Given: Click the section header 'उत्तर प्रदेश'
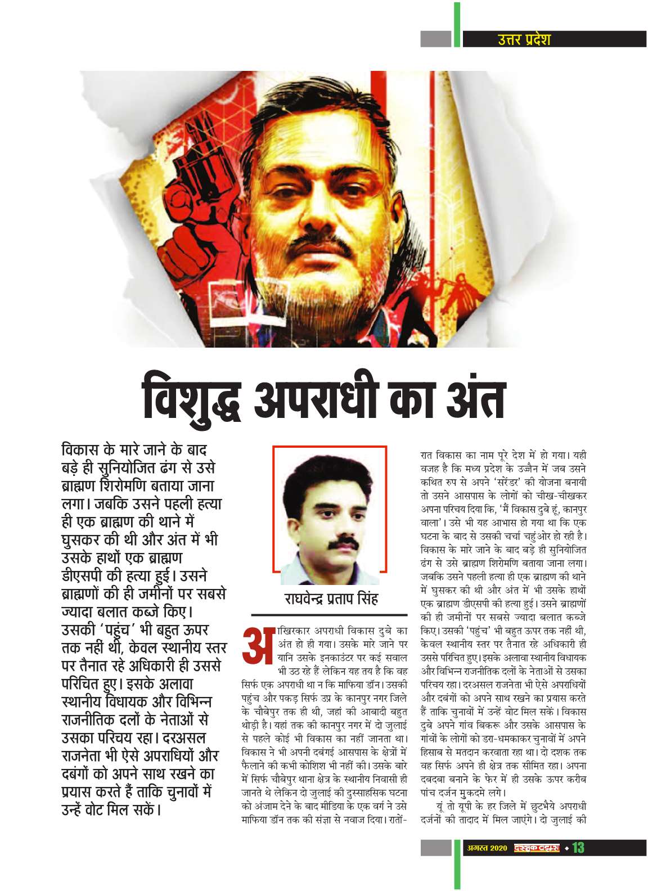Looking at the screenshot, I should point(524,39).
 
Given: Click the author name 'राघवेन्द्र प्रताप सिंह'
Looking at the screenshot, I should point(331,598).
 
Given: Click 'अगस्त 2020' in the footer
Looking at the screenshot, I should point(487,848).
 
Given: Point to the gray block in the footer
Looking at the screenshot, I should point(435,847).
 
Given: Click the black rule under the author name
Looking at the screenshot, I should point(328,615).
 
